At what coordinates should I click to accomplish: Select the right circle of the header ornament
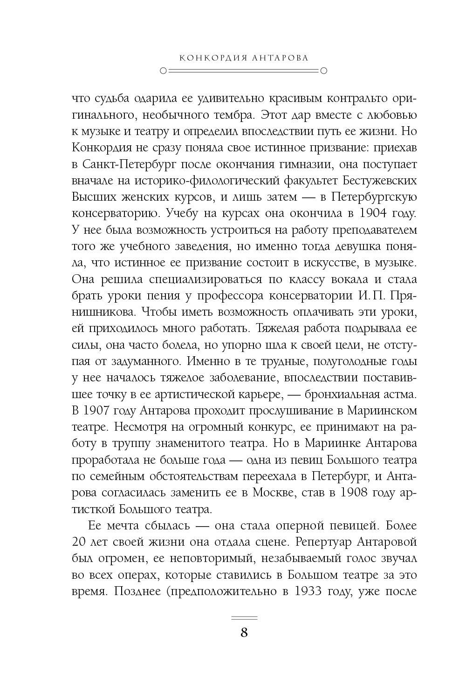point(324,71)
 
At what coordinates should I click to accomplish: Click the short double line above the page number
point(244,618)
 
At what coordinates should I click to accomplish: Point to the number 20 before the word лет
point(81,542)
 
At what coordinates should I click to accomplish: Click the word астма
point(397,394)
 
